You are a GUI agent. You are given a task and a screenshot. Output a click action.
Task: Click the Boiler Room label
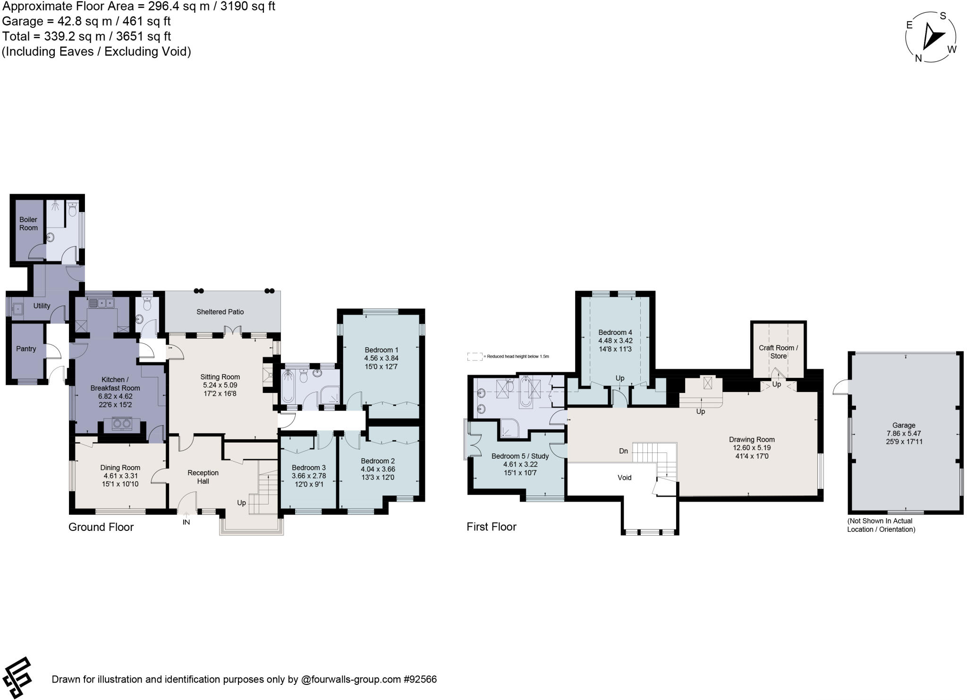(28, 223)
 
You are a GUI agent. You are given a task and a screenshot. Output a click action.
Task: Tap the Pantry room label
(26, 349)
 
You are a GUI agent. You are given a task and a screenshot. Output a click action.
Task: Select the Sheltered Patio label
(220, 312)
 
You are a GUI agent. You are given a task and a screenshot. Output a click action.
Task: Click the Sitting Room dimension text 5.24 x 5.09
(220, 385)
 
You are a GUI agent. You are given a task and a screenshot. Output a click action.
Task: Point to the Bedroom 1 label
(382, 350)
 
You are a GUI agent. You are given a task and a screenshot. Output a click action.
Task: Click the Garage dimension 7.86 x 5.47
(904, 433)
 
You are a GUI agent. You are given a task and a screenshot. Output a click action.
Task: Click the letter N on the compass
(918, 58)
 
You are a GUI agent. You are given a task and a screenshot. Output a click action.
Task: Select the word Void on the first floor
(624, 478)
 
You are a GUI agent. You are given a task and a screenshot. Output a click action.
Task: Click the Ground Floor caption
(101, 527)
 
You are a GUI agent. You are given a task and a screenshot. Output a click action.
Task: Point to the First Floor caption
(492, 527)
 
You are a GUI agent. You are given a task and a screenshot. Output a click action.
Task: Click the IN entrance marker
(187, 522)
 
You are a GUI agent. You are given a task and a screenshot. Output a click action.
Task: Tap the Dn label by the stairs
(623, 451)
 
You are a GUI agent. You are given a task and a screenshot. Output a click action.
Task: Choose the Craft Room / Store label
(778, 352)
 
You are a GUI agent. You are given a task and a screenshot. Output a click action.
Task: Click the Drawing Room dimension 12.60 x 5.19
(752, 448)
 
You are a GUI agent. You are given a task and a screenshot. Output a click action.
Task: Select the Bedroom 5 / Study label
(520, 456)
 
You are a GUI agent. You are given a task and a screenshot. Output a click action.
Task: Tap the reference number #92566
(420, 680)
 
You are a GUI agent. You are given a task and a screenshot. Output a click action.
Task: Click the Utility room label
(42, 306)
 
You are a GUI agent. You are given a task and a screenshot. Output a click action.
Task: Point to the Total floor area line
(86, 36)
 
